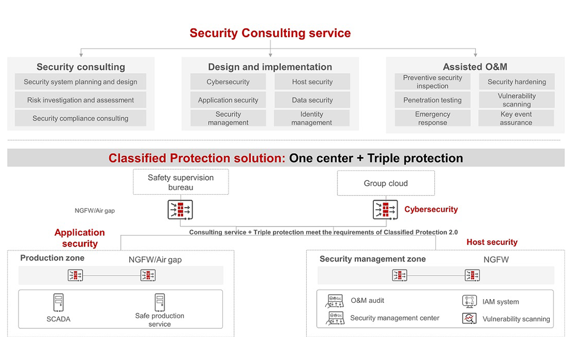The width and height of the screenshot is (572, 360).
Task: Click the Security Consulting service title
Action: click(270, 33)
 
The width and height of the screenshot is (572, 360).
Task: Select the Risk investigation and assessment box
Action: click(81, 100)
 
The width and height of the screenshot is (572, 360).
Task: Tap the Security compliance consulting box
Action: click(81, 118)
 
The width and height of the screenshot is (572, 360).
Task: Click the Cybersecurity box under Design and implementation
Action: click(228, 82)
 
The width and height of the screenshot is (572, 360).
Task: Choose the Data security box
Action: click(312, 100)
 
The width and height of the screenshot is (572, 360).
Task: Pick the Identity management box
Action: click(312, 118)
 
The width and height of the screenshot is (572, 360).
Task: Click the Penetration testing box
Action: click(432, 100)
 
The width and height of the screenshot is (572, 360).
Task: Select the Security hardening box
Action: click(516, 82)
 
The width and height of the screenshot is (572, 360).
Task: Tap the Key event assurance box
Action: click(516, 118)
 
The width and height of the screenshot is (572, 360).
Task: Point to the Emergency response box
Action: click(432, 118)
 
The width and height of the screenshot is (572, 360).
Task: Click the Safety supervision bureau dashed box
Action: click(181, 182)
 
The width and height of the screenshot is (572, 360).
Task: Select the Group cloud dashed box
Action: click(386, 183)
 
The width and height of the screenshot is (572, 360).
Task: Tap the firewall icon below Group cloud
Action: click(386, 210)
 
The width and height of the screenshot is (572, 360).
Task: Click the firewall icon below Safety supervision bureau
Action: click(180, 210)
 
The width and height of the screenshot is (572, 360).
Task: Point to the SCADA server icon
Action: click(58, 303)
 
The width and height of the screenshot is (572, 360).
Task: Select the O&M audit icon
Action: click(336, 301)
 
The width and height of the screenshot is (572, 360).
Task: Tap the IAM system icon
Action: click(469, 301)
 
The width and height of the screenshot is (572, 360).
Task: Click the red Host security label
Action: click(491, 242)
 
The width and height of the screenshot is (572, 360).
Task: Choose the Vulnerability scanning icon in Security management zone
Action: click(469, 319)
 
